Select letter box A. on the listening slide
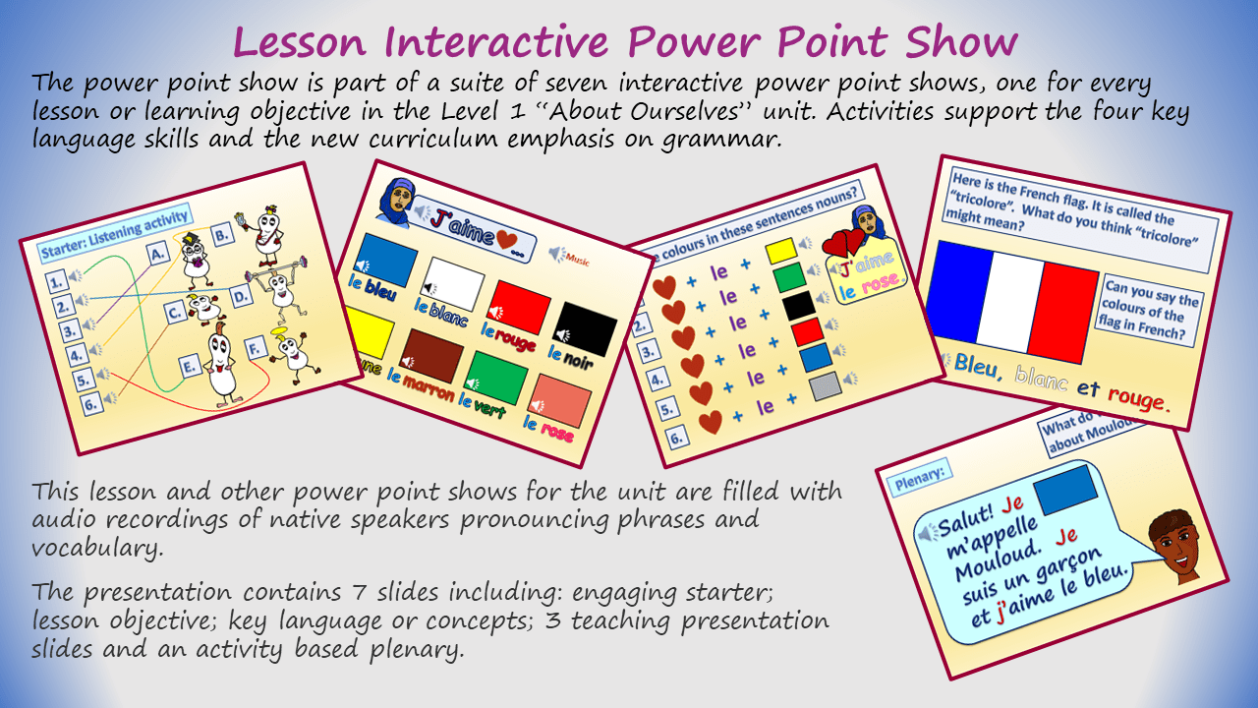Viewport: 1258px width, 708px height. pos(157,256)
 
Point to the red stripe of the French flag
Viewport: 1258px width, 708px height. pos(1062,311)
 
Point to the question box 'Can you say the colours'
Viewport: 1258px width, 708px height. pos(1152,313)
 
